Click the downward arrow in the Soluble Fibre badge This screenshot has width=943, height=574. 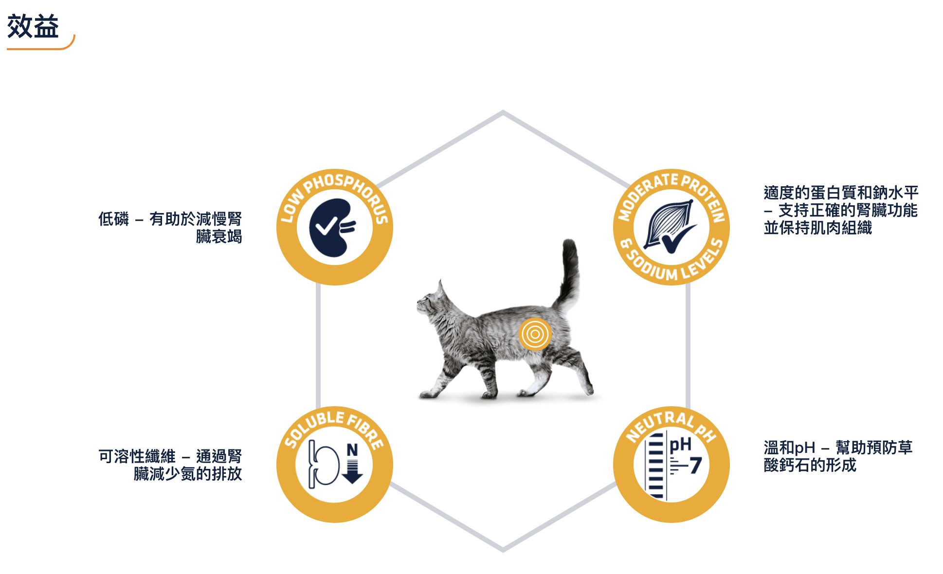pyautogui.click(x=352, y=471)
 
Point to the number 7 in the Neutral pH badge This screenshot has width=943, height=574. pyautogui.click(x=695, y=466)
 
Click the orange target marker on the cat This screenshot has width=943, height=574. pyautogui.click(x=534, y=334)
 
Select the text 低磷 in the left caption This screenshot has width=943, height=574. pyautogui.click(x=113, y=219)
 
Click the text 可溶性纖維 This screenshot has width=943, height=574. pyautogui.click(x=137, y=456)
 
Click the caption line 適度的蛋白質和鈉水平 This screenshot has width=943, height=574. pyautogui.click(x=841, y=193)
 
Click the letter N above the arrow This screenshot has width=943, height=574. pyautogui.click(x=352, y=450)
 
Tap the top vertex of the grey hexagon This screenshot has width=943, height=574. pyautogui.click(x=503, y=112)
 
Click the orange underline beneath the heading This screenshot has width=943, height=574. pyautogui.click(x=39, y=48)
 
